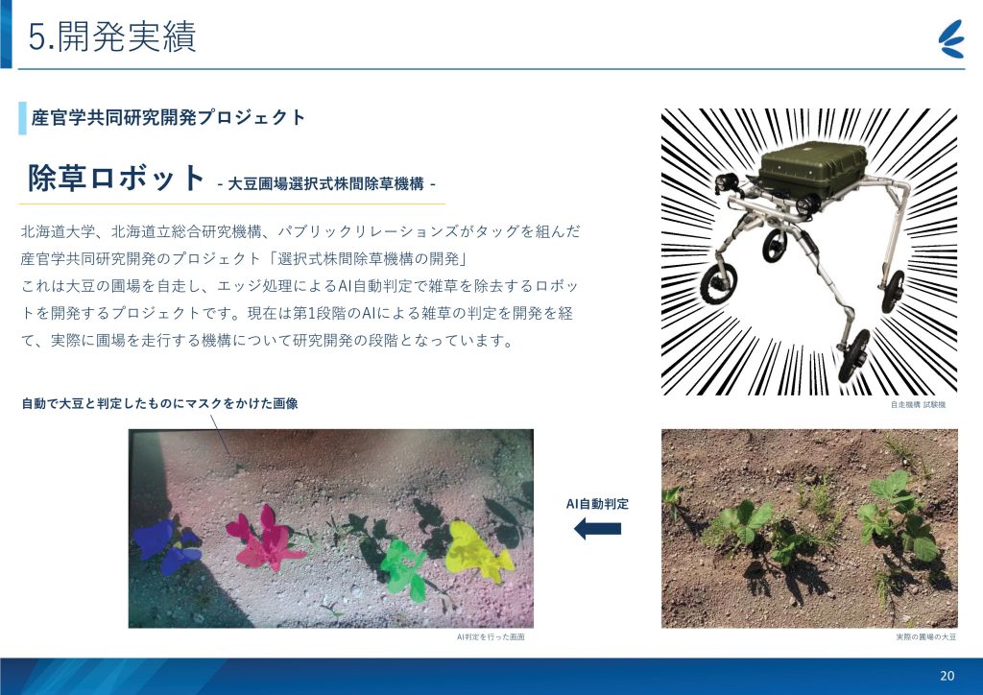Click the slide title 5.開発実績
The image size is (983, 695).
click(112, 36)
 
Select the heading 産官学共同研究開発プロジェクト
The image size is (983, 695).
click(169, 117)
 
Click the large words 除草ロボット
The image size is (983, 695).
click(116, 178)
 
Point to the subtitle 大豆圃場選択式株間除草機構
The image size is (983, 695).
click(325, 183)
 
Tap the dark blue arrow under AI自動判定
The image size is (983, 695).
click(597, 528)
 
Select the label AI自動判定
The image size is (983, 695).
click(597, 504)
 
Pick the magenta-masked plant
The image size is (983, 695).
click(266, 538)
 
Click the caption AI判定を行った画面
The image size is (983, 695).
click(491, 636)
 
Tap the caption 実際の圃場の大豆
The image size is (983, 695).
click(926, 636)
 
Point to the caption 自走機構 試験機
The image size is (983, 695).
click(918, 405)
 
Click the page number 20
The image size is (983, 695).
click(947, 676)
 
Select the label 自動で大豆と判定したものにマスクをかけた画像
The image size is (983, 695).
click(159, 403)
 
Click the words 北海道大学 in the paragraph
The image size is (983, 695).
click(59, 231)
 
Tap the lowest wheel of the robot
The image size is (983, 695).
click(853, 355)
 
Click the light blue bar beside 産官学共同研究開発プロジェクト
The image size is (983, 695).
click(23, 118)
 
